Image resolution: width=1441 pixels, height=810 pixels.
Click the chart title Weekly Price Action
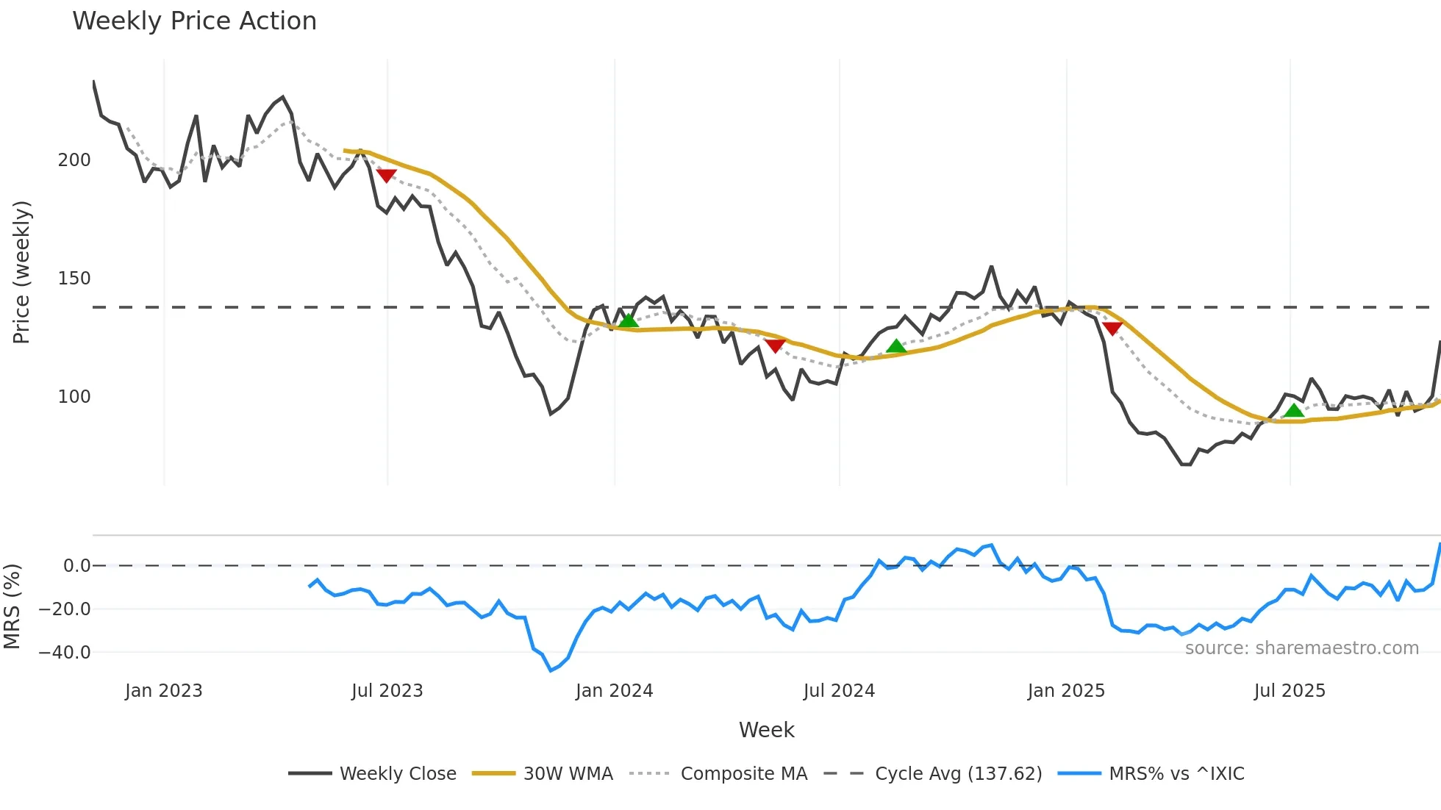194,21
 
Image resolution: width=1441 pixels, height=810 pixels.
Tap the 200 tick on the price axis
74,160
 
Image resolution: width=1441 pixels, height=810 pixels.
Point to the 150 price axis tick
74,279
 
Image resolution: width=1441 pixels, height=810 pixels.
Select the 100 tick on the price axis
74,397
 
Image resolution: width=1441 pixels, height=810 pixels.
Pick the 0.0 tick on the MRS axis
76,566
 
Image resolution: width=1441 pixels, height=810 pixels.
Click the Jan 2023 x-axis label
163,691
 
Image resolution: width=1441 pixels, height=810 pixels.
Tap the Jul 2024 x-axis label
839,691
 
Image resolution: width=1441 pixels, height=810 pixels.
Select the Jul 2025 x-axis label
1290,691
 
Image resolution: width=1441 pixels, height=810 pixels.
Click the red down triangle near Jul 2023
386,176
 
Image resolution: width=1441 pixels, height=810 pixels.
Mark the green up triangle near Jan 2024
628,320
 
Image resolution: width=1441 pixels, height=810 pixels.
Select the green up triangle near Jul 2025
1294,410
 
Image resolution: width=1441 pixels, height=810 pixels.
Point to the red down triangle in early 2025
1112,328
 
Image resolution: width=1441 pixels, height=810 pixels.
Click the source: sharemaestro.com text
1301,648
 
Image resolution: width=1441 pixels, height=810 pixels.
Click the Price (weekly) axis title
22,272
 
